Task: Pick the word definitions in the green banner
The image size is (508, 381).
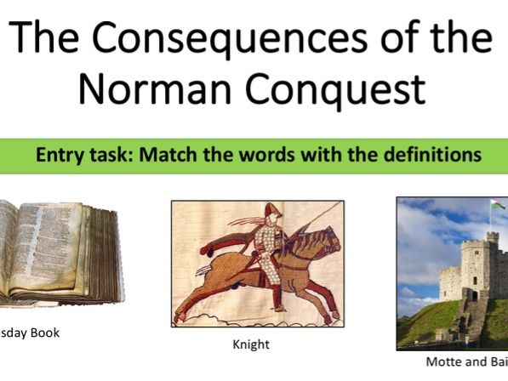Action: tap(431, 156)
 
